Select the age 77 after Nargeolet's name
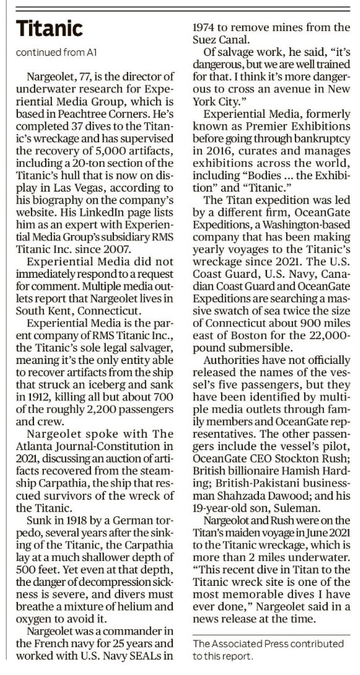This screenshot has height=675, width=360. (x=85, y=94)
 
